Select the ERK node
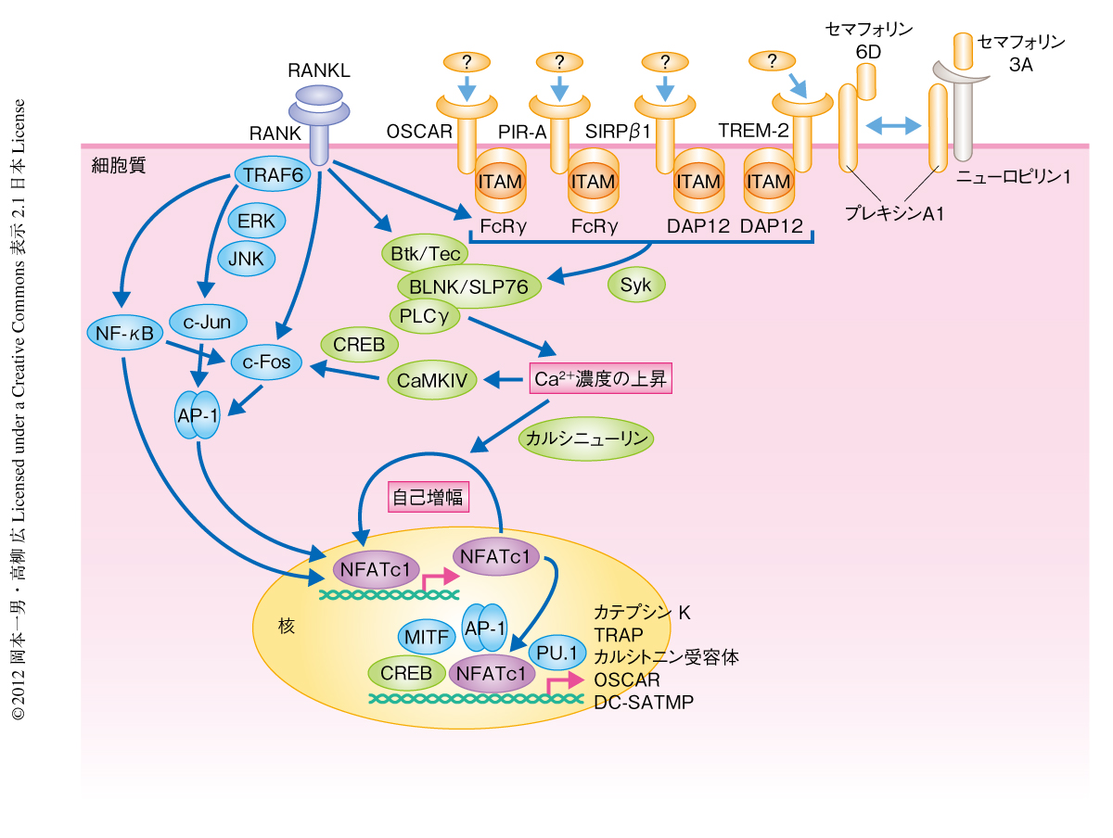250,222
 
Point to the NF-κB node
123,331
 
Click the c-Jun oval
208,323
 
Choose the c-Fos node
267,362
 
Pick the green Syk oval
636,284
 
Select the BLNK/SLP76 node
468,287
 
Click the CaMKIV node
431,379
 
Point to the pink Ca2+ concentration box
600,378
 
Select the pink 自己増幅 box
429,496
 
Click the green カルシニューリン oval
585,438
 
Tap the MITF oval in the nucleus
429,638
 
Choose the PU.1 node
558,654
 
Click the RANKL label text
319,70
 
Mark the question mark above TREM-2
770,61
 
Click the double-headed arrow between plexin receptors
891,126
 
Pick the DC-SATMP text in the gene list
644,703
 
